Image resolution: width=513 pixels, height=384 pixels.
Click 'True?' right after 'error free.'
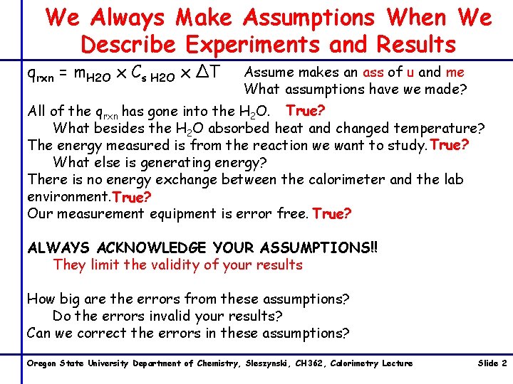[332, 213]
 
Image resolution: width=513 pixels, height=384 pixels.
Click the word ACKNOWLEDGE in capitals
[161, 248]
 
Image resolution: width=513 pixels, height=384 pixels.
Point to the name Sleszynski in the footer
[270, 363]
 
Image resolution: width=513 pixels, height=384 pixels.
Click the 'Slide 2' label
[492, 363]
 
